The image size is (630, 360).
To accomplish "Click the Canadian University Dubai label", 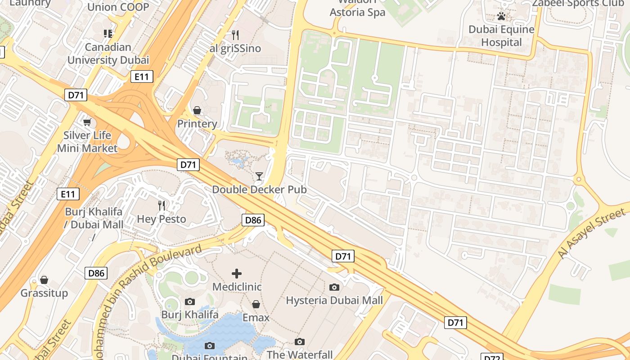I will pyautogui.click(x=108, y=54).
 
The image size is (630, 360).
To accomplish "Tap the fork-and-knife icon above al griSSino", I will pyautogui.click(x=235, y=35).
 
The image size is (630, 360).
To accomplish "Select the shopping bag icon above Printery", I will pyautogui.click(x=197, y=110).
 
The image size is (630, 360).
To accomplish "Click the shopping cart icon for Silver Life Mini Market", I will pyautogui.click(x=87, y=122).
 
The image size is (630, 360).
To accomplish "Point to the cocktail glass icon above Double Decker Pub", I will pyautogui.click(x=259, y=176).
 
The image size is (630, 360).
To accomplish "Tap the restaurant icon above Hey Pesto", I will pyautogui.click(x=162, y=206).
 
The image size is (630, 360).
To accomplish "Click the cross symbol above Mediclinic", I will pyautogui.click(x=237, y=273).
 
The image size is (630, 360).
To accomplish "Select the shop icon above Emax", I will pyautogui.click(x=256, y=304).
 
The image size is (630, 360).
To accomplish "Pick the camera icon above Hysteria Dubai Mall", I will pyautogui.click(x=334, y=287).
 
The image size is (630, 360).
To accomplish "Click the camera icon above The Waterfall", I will pyautogui.click(x=300, y=342).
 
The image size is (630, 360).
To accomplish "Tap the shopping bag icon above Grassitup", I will pyautogui.click(x=44, y=280).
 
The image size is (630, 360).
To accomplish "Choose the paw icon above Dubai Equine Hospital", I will pyautogui.click(x=501, y=17).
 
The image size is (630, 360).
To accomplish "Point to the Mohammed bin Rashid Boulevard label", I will pyautogui.click(x=148, y=279).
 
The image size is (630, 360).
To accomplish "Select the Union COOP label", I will pyautogui.click(x=118, y=7).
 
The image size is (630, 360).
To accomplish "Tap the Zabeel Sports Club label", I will pyautogui.click(x=578, y=4).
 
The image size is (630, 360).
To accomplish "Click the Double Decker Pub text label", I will pyautogui.click(x=259, y=189).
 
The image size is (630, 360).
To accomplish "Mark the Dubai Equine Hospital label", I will pyautogui.click(x=501, y=36).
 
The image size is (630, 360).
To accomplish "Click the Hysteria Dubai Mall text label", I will pyautogui.click(x=334, y=300).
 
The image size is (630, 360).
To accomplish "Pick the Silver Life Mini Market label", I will pyautogui.click(x=87, y=141).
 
